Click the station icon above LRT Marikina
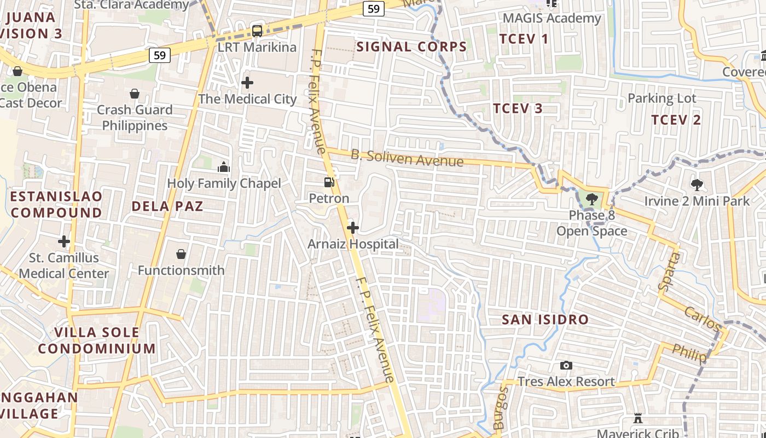click(x=257, y=31)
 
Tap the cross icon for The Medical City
click(x=247, y=83)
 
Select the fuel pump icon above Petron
click(x=329, y=182)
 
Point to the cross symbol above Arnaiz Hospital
click(x=353, y=228)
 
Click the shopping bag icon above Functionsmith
click(x=181, y=254)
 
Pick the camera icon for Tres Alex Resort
click(x=566, y=365)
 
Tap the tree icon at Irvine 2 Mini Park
click(x=697, y=185)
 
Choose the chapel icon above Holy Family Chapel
click(x=224, y=167)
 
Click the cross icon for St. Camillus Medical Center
click(x=64, y=241)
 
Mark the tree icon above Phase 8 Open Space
click(x=591, y=199)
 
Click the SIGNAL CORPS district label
click(x=411, y=47)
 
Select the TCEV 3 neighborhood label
click(x=518, y=108)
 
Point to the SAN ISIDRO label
click(x=545, y=319)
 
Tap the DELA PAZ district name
click(x=167, y=206)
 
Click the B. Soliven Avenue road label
click(x=407, y=158)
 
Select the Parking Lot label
click(x=661, y=99)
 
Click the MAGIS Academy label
click(x=552, y=18)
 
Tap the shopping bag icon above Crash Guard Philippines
click(x=135, y=94)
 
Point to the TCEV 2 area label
click(x=676, y=120)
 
